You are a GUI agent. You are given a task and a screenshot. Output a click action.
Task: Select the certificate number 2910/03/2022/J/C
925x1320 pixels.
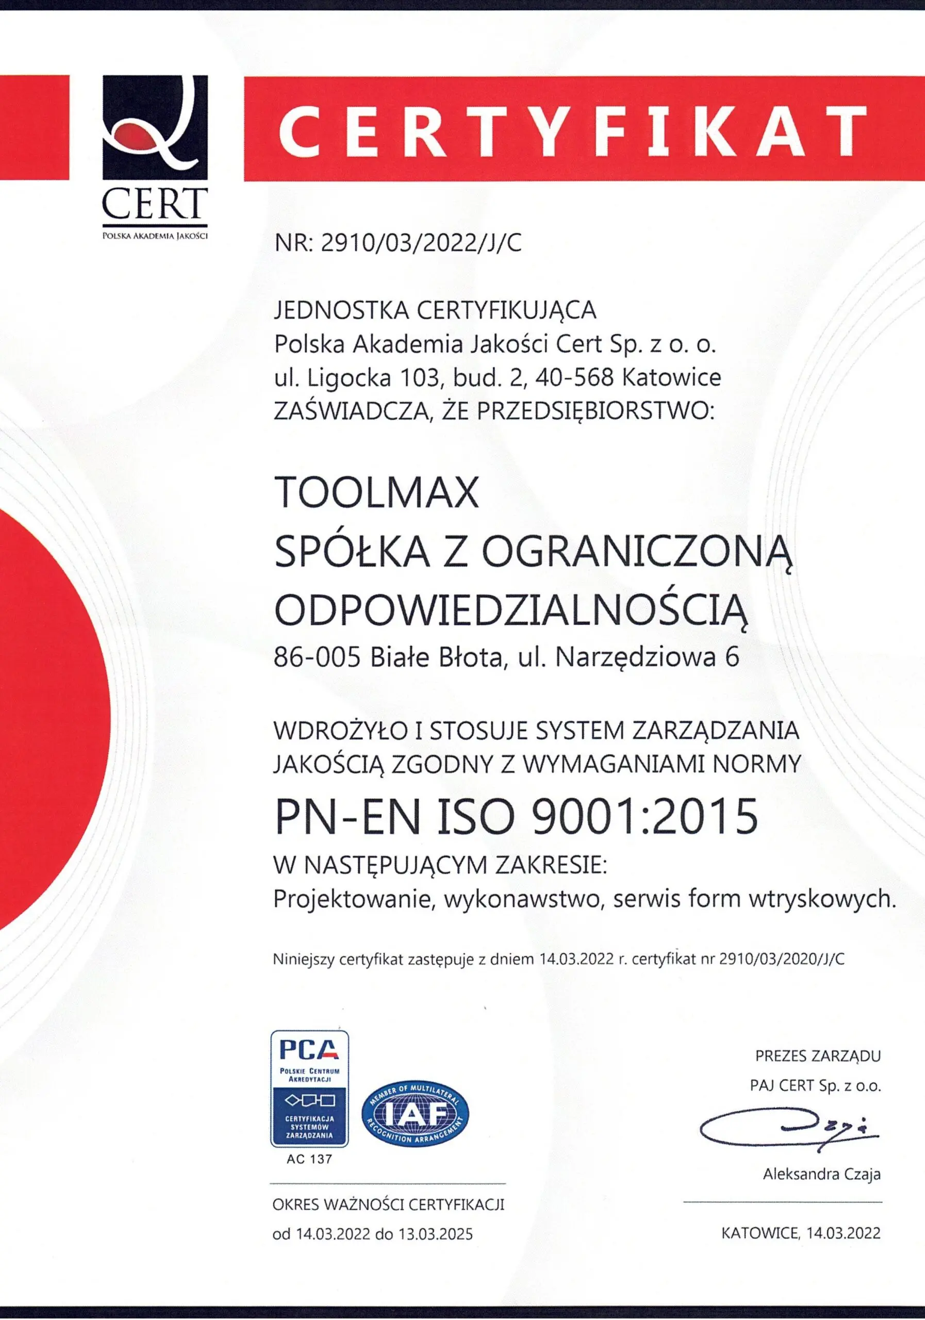(x=421, y=243)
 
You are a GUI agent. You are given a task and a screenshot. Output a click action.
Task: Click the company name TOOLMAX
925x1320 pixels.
(x=376, y=493)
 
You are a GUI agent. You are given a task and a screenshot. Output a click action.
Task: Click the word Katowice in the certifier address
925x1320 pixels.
(x=671, y=378)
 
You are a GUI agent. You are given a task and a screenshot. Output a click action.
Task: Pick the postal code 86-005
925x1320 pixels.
(x=317, y=657)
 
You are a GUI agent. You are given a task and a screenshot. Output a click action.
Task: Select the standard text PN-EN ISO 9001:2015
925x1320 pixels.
(x=516, y=816)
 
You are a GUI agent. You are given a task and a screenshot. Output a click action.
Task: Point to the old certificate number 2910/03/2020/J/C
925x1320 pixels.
(x=782, y=960)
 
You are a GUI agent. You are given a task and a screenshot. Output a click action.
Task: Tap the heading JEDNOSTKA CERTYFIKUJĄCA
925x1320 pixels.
(x=435, y=310)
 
